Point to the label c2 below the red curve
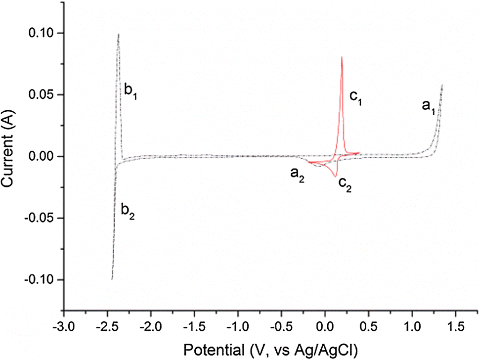[345, 186]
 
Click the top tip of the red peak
[342, 57]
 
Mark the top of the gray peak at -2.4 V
[118, 34]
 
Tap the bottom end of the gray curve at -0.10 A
[112, 279]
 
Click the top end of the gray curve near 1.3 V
[442, 85]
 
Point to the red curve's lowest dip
[335, 177]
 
